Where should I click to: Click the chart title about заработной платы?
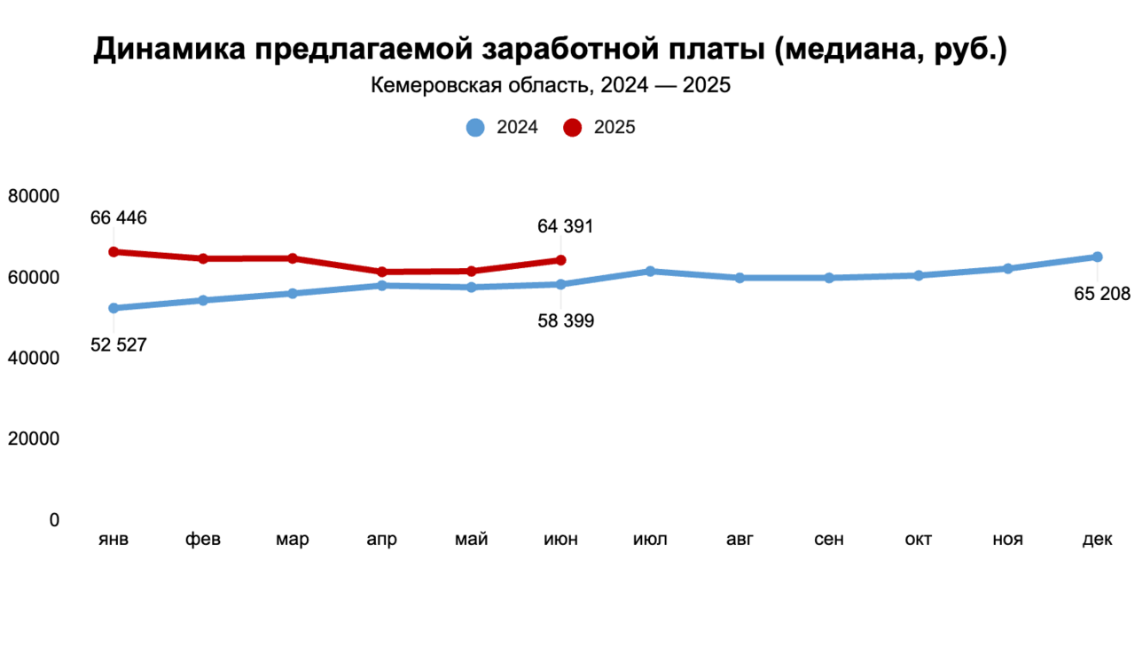550,50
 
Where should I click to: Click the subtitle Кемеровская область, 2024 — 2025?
550,86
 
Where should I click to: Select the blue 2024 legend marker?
475,128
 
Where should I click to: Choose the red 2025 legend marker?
573,128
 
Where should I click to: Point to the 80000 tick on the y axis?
34,196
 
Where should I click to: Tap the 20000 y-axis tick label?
34,439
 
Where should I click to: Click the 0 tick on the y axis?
54,520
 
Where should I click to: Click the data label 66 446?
119,218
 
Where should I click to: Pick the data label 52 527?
119,345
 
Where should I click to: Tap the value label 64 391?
565,226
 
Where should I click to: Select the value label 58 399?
566,321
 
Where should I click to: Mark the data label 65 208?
1102,295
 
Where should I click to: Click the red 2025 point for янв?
113,252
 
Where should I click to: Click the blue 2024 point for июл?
650,272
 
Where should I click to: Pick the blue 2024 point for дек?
1097,257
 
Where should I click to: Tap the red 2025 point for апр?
381,272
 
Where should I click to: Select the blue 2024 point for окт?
919,276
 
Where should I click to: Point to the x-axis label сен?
829,541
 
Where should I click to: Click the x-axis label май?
471,541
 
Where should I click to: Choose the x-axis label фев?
203,541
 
